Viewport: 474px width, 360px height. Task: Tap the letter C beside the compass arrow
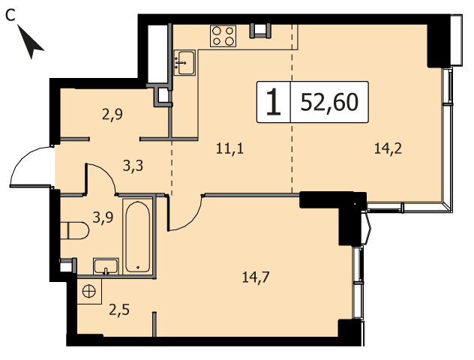point(10,15)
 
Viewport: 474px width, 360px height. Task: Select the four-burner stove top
point(223,36)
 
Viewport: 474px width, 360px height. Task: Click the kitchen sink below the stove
point(184,63)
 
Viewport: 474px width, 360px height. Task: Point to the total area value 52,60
point(329,102)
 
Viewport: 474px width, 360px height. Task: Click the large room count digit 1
point(274,102)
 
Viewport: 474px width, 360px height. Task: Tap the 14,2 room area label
point(388,149)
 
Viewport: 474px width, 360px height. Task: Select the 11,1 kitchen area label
point(229,149)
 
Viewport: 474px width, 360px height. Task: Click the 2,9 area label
point(112,115)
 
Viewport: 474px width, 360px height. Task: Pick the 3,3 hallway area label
point(133,166)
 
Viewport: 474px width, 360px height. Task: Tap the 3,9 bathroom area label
point(103,217)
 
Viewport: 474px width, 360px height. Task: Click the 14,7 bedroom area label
point(256,277)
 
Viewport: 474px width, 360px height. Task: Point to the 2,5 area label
point(119,310)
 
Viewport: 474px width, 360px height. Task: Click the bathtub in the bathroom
point(137,237)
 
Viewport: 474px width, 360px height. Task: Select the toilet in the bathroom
point(74,231)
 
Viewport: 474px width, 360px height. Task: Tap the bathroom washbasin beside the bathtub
point(106,266)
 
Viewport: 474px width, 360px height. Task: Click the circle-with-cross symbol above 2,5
point(88,292)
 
